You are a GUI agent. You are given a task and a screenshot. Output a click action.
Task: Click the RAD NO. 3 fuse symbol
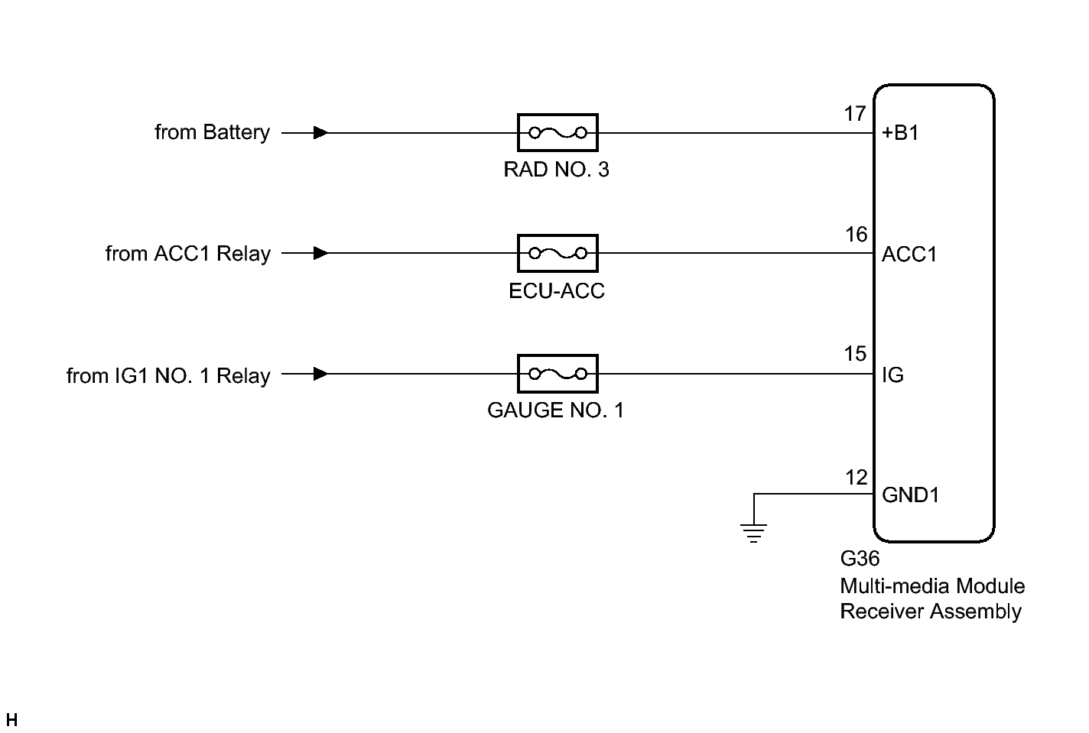coord(557,133)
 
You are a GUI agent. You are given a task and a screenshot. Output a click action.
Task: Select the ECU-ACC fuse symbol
coord(557,253)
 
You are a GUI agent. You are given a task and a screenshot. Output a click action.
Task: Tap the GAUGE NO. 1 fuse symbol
coord(557,374)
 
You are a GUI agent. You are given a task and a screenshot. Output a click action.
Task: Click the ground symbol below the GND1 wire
coord(754,530)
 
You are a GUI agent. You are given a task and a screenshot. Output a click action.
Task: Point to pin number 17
coord(855,114)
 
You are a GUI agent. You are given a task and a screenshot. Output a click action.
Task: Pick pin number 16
coord(856,235)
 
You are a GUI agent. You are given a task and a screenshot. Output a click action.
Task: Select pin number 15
coord(855,354)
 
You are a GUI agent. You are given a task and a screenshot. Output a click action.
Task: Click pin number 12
coord(856,478)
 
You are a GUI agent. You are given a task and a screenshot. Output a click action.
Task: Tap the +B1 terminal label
coord(900,133)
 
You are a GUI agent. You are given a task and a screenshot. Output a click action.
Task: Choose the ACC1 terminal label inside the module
coord(909,254)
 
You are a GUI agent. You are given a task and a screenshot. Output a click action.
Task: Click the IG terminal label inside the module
coord(892,375)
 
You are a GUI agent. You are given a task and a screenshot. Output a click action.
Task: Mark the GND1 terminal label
coord(910,495)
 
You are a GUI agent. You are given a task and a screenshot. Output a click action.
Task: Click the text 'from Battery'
coord(212,132)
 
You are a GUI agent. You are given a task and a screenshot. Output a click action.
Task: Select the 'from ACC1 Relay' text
coord(187,253)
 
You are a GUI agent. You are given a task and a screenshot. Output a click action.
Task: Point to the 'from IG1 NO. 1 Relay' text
coord(168,375)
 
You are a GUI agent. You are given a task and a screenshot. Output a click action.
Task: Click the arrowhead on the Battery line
coord(321,133)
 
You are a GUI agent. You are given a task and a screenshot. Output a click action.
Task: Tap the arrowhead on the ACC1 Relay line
coord(321,253)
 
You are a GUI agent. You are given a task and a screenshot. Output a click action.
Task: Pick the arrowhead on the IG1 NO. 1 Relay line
coord(321,374)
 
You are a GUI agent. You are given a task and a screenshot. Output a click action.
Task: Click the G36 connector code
coord(860,559)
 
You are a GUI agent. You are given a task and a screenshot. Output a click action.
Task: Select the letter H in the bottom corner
coord(11,720)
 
